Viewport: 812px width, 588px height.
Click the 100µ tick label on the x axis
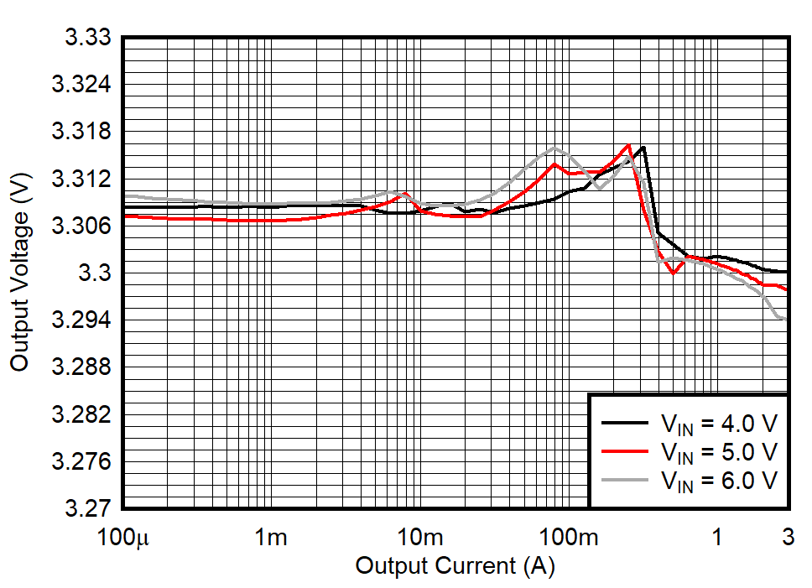(123, 537)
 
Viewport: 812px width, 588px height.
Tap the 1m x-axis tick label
(271, 537)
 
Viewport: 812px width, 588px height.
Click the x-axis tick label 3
(787, 537)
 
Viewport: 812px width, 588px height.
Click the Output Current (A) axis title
(455, 566)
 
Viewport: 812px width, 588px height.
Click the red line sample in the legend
(625, 451)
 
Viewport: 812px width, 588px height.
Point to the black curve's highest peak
(643, 148)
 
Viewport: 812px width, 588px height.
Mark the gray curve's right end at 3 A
(786, 319)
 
